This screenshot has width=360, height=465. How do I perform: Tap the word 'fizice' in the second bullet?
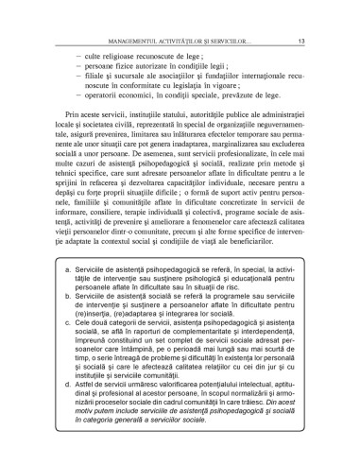click(130, 70)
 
